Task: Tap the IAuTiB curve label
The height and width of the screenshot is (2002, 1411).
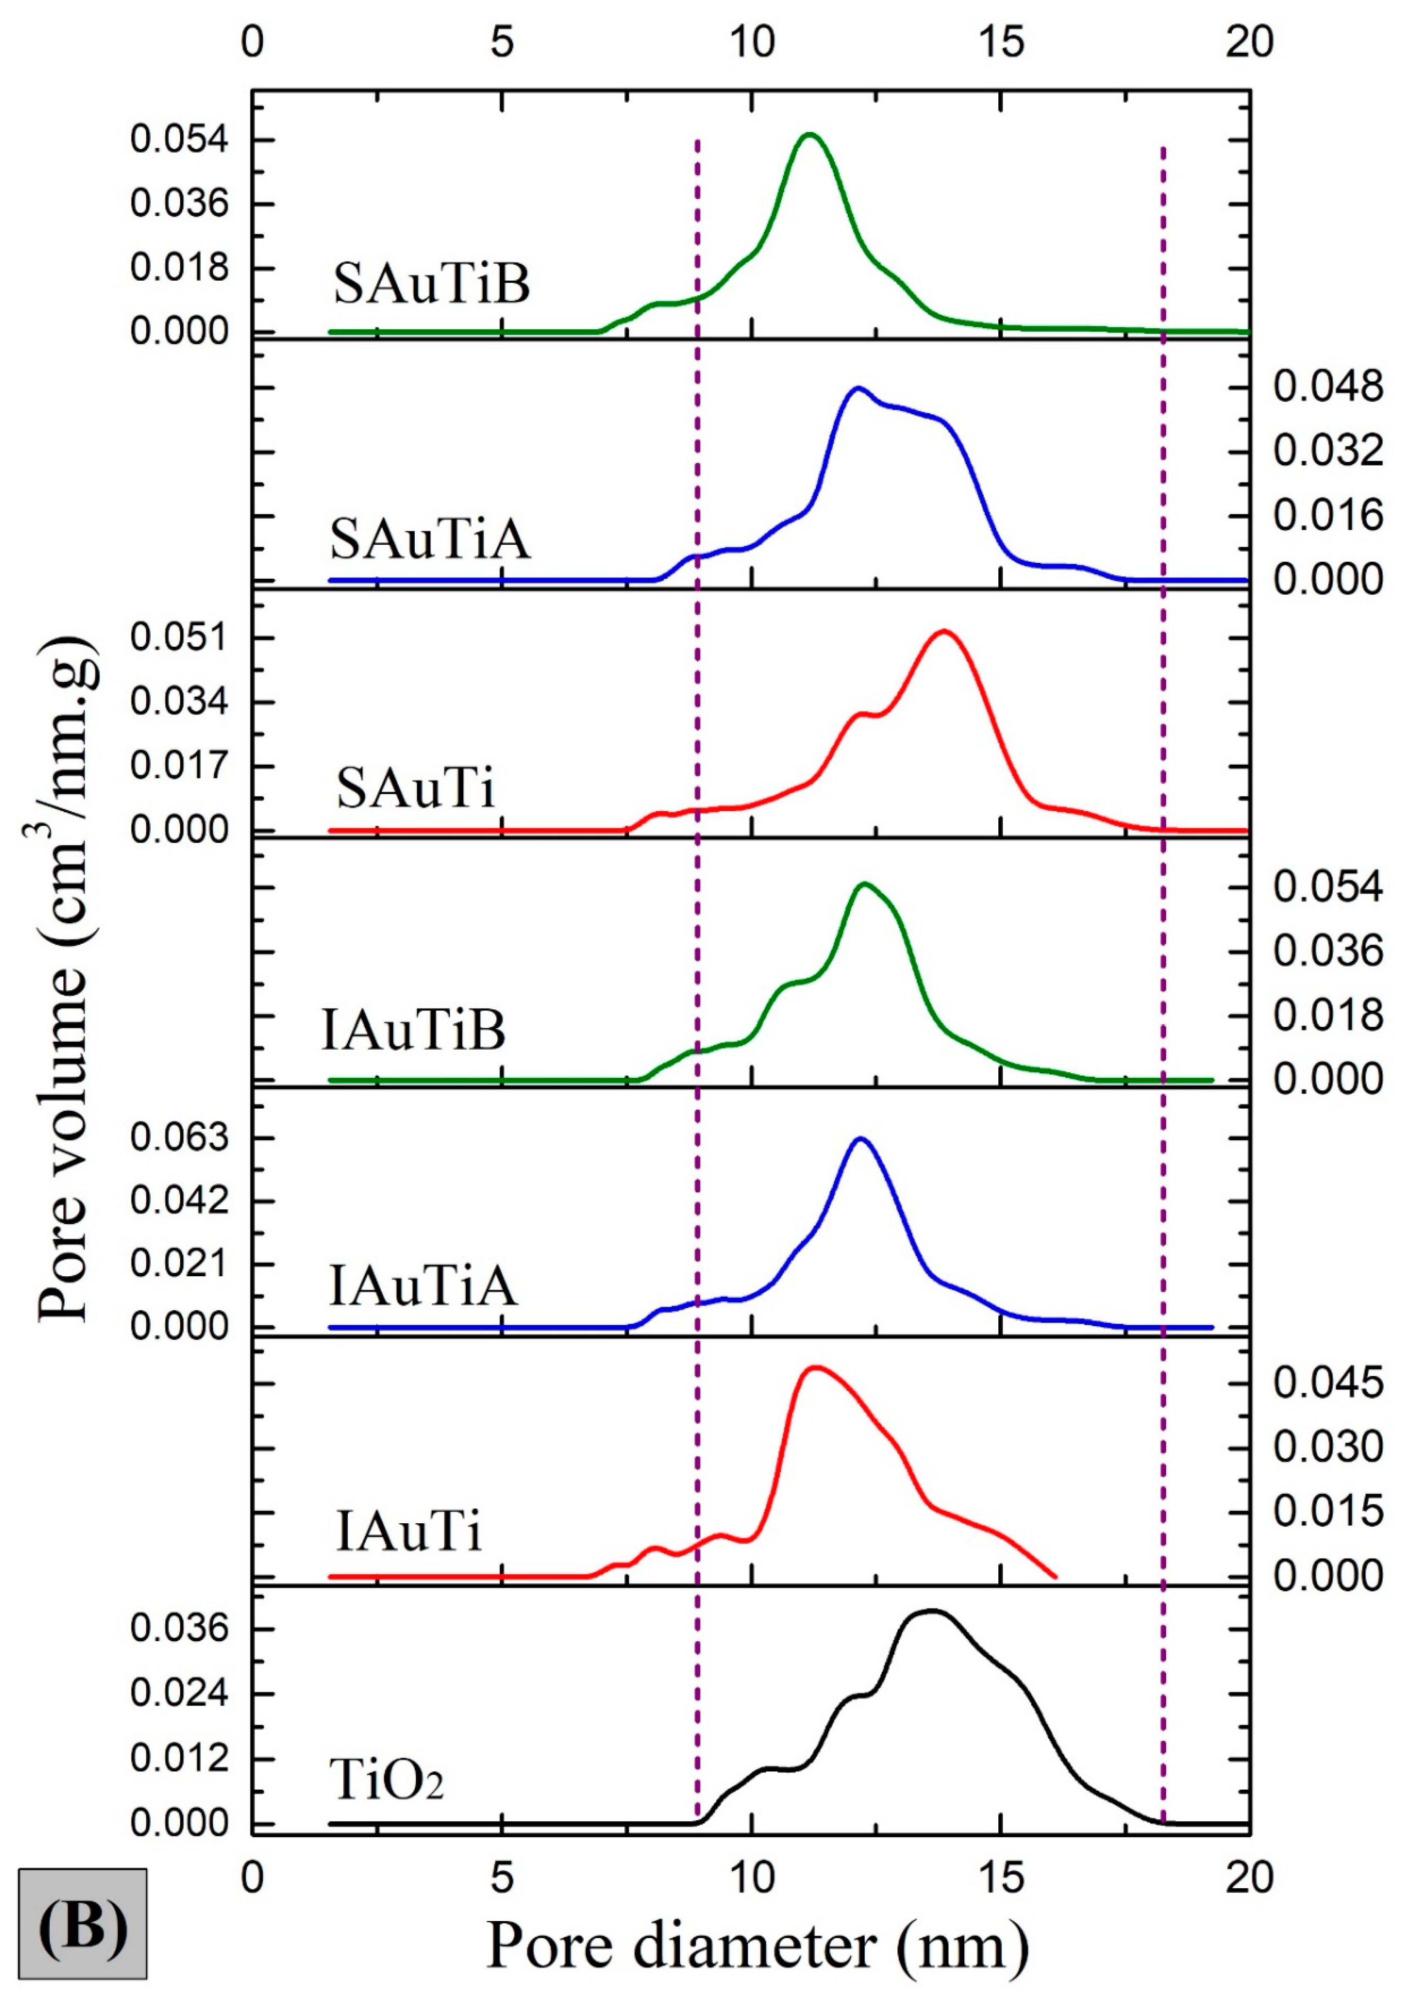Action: [x=413, y=1030]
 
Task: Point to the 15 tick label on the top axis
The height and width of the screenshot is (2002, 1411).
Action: [x=1001, y=42]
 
